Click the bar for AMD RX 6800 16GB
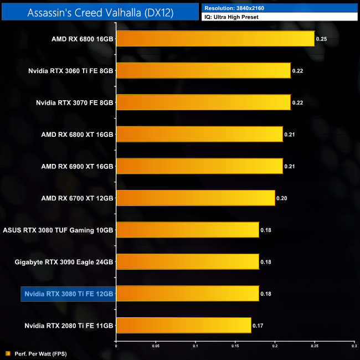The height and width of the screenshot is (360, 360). [215, 39]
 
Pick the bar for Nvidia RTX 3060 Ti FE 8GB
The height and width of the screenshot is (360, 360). [203, 70]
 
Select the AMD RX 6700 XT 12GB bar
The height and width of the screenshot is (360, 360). [196, 198]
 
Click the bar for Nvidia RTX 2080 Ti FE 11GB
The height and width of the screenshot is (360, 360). [183, 325]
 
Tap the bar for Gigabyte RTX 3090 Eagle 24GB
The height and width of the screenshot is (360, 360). [187, 261]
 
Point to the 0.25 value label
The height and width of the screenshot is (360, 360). [321, 39]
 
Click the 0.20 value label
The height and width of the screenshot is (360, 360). [282, 198]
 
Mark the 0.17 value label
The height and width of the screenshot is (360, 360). [258, 325]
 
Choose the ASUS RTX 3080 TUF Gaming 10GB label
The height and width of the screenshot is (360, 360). [58, 230]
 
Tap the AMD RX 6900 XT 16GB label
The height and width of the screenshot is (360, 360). [77, 166]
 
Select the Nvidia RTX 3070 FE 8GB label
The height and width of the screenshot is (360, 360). [74, 102]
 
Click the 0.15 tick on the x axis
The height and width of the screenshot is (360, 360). [235, 346]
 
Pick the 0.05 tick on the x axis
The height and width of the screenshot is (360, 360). [156, 346]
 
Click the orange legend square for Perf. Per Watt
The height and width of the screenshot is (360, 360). [8, 353]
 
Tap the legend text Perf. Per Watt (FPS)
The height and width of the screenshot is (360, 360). [39, 353]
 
